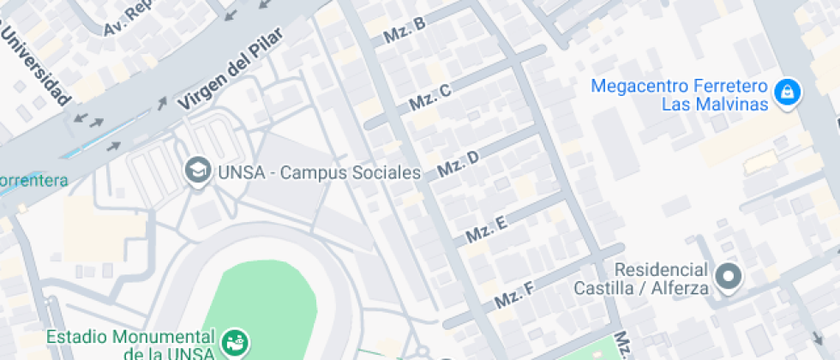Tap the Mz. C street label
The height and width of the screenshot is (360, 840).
(x=429, y=98)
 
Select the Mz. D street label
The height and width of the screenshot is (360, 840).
(x=458, y=163)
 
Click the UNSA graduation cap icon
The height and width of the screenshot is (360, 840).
(x=198, y=171)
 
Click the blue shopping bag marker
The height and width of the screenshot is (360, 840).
(x=786, y=92)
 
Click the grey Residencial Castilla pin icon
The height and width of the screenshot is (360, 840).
(x=729, y=276)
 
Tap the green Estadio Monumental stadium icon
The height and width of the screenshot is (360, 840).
(x=232, y=342)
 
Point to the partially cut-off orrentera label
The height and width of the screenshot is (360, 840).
(x=33, y=180)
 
